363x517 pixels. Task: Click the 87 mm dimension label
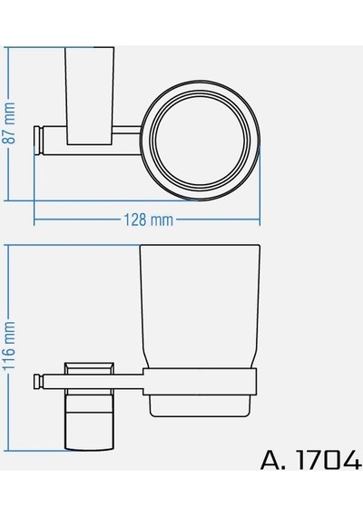click(x=9, y=122)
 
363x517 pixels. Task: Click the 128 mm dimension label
click(x=148, y=219)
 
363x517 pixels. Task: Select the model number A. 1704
click(x=311, y=460)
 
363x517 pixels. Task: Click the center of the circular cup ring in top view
click(x=201, y=140)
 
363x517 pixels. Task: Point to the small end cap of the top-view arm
click(x=38, y=141)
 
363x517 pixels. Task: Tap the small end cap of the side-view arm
click(x=38, y=381)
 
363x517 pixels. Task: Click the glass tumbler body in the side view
click(x=200, y=306)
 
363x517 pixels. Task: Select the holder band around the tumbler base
click(x=200, y=381)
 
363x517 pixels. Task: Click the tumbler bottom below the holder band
click(x=200, y=406)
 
